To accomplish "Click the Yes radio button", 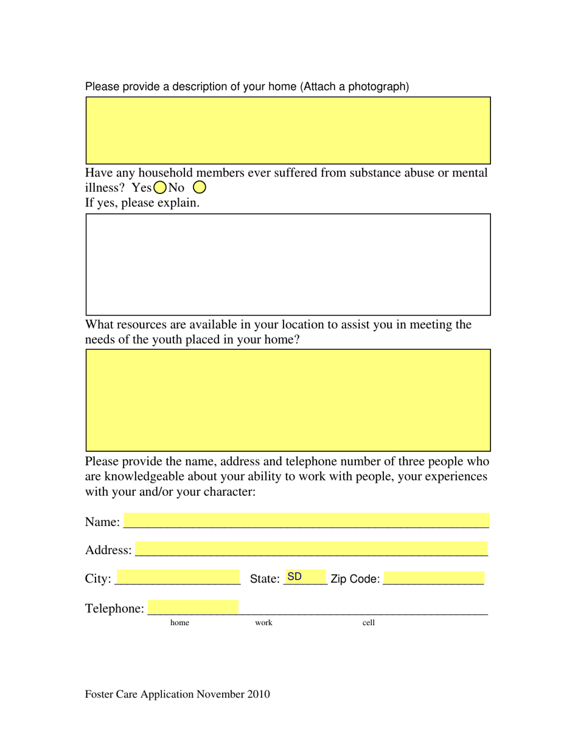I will click(160, 187).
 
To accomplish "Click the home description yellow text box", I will click(288, 130).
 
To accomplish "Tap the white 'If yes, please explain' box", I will click(288, 264).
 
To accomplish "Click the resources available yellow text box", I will click(288, 400).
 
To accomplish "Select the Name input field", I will click(306, 521).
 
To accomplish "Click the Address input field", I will click(312, 549).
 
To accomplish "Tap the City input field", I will click(178, 577).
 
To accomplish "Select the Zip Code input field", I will click(434, 578).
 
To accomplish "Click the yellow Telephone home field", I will click(193, 607).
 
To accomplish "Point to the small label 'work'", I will click(263, 623).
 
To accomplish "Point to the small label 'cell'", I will click(369, 623).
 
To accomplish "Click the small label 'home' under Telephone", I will click(179, 623).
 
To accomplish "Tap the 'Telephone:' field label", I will click(115, 608).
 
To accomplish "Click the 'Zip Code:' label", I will click(355, 580).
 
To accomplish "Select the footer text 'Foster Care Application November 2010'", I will click(178, 694).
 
